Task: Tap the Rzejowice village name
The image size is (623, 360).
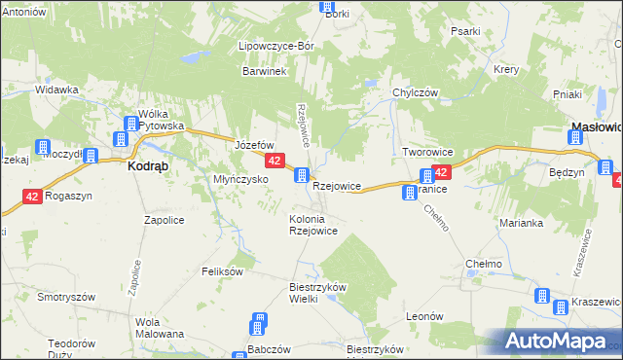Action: pyautogui.click(x=338, y=185)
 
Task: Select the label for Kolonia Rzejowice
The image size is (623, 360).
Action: pyautogui.click(x=312, y=225)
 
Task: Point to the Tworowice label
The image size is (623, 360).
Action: pyautogui.click(x=427, y=153)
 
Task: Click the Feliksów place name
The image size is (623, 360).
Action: pyautogui.click(x=222, y=271)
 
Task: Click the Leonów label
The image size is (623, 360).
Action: pyautogui.click(x=424, y=316)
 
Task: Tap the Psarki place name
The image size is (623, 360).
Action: pyautogui.click(x=465, y=31)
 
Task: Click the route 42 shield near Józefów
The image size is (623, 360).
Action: pyautogui.click(x=275, y=161)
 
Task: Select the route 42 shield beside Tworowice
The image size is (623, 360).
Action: pyautogui.click(x=441, y=172)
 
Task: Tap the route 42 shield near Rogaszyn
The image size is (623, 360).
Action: pyautogui.click(x=33, y=196)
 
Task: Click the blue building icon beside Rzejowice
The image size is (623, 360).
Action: pyautogui.click(x=303, y=176)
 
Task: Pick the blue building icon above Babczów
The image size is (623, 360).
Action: pyautogui.click(x=259, y=322)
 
